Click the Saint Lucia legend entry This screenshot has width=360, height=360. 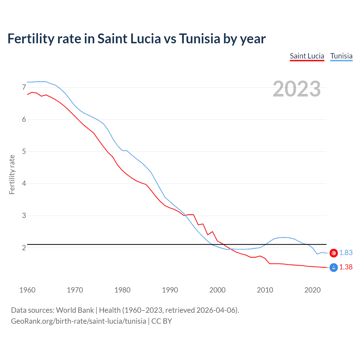307,56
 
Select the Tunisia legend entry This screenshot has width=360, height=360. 341,56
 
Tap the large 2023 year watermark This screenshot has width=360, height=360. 296,89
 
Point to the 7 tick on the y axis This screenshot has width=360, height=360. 24,87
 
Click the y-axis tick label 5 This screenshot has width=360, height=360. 24,152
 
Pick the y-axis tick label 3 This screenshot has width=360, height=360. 24,216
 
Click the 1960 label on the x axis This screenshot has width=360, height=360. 27,290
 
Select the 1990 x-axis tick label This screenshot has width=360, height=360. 170,290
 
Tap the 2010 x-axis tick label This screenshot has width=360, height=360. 265,290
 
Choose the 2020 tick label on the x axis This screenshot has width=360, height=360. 312,290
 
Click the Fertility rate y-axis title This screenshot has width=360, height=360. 12,174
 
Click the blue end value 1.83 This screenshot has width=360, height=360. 346,253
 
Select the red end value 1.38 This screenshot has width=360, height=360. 346,267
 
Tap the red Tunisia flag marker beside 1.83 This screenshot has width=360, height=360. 334,253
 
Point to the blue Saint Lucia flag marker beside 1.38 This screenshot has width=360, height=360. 334,267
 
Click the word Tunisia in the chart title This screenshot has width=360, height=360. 199,39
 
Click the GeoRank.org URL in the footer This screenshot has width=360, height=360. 78,321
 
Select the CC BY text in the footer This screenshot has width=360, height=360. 161,321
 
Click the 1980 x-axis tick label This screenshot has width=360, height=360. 122,290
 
